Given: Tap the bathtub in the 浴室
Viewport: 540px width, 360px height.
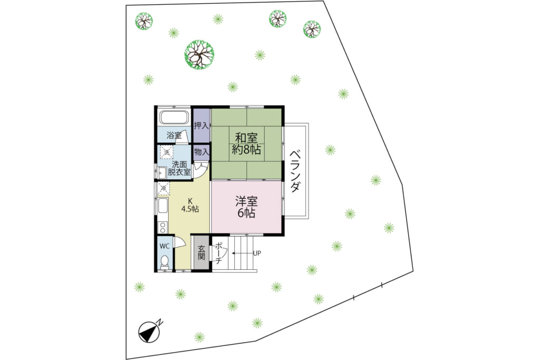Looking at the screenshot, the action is click(x=174, y=118).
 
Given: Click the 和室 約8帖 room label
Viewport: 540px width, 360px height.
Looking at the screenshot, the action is click(x=246, y=144).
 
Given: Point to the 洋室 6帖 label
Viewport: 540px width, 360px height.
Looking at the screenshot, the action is click(x=246, y=207).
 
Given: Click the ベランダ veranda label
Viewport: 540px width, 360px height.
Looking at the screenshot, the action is click(x=295, y=171).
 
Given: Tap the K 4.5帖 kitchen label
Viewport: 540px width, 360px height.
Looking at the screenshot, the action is click(x=190, y=205).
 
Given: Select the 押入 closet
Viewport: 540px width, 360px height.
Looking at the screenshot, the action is click(x=201, y=125).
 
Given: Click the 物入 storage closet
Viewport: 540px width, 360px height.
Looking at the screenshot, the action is click(x=201, y=152).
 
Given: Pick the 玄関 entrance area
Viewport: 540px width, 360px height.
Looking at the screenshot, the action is click(x=201, y=253).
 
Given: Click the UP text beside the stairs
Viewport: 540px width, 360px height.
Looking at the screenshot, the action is click(x=257, y=254).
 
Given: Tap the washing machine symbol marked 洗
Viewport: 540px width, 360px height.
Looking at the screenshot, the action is click(x=167, y=152).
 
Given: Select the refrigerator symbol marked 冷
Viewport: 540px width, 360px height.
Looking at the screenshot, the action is click(x=163, y=189).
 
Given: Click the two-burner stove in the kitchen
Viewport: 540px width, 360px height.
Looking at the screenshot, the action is click(x=162, y=227).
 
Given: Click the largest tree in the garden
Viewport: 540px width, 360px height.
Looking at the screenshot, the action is click(x=199, y=55).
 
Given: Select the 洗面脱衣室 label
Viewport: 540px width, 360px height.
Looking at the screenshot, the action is click(x=179, y=169).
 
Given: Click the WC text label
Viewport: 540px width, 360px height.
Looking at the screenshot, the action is click(x=165, y=247).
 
